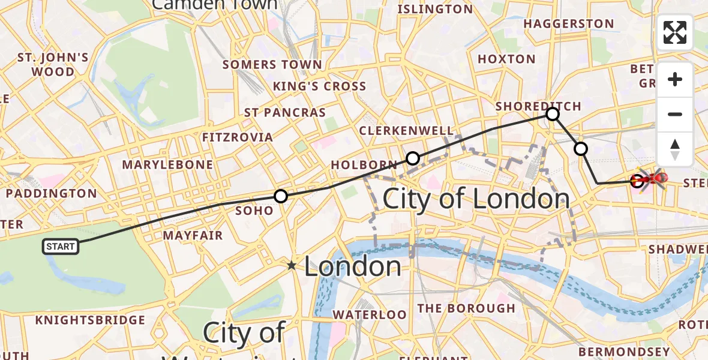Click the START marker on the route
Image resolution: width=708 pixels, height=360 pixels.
click(61, 246)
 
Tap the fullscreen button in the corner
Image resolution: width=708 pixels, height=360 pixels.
click(675, 32)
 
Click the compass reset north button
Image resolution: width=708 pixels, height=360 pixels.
click(675, 149)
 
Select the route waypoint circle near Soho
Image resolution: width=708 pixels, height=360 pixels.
click(280, 196)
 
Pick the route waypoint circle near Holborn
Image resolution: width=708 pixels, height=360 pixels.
click(413, 158)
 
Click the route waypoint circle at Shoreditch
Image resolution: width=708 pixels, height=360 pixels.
click(553, 113)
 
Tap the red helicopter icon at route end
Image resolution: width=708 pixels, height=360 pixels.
click(652, 178)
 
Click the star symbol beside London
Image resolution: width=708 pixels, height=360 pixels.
click(292, 265)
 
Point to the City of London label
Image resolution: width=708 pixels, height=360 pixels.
click(476, 199)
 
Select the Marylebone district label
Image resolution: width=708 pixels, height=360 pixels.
click(167, 164)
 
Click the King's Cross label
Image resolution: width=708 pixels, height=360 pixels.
click(319, 86)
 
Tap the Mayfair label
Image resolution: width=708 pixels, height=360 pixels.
click(193, 236)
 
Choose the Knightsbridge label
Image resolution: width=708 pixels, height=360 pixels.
click(90, 320)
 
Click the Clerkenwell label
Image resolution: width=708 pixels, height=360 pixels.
click(406, 131)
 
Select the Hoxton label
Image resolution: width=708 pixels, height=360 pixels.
click(506, 59)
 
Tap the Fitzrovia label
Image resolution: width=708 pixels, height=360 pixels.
click(238, 137)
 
